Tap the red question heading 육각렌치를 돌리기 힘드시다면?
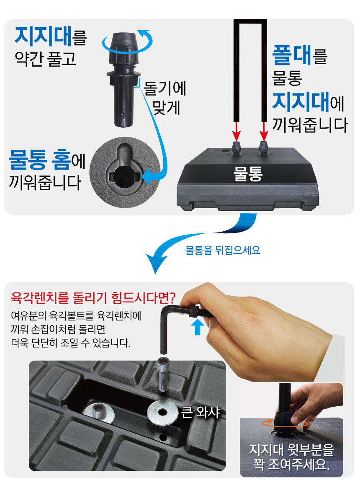pos(93,297)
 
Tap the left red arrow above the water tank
pos(237,131)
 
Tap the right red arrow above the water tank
pos(264,131)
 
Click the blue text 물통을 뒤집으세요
pos(223,250)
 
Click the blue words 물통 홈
pos(40,160)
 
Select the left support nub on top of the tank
pos(237,149)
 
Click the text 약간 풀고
pos(46,59)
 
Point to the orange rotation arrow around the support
pos(284,424)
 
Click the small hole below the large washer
pos(163,436)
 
